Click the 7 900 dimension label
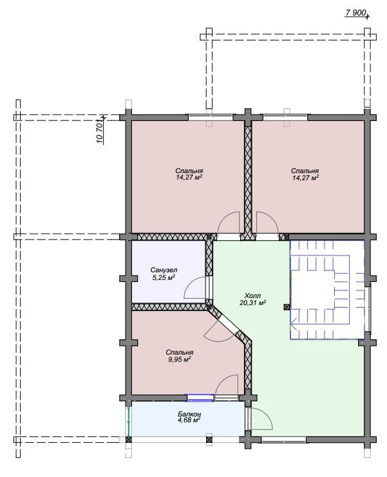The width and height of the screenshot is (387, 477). click(x=355, y=13)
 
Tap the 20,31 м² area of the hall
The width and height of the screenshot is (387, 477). click(x=253, y=303)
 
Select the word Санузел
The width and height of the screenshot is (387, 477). click(x=164, y=270)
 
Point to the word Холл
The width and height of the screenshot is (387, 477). click(x=253, y=295)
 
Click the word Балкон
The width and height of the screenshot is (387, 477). click(x=189, y=414)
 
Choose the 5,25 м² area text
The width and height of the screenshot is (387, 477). click(x=163, y=277)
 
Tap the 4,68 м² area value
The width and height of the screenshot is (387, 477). click(x=189, y=420)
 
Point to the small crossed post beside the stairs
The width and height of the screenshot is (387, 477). click(x=286, y=306)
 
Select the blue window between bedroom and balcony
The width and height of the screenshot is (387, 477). click(x=200, y=397)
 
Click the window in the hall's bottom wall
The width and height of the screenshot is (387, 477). click(x=283, y=440)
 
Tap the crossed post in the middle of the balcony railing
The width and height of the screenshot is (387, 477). click(x=209, y=440)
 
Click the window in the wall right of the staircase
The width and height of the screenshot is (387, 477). click(x=368, y=309)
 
